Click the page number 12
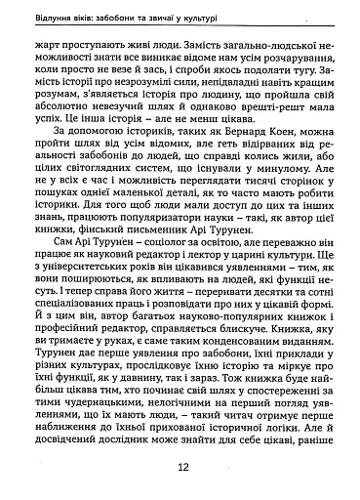(x=182, y=467)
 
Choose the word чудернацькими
(x=100, y=419)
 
